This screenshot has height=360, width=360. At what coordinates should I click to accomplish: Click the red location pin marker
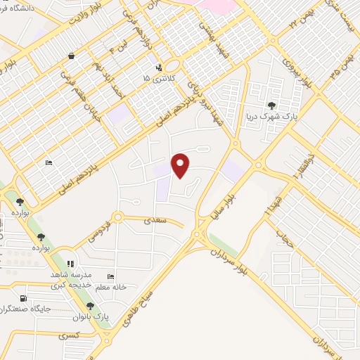click(x=181, y=165)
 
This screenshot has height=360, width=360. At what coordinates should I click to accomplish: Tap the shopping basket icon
click(x=71, y=56)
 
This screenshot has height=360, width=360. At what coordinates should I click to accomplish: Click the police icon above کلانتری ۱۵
click(x=159, y=67)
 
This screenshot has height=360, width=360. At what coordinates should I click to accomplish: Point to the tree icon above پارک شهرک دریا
click(x=271, y=105)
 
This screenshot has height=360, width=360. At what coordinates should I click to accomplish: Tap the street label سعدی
click(x=157, y=220)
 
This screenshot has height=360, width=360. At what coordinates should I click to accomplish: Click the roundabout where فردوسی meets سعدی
click(x=118, y=217)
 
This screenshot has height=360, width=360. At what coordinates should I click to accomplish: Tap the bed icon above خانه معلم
click(x=110, y=276)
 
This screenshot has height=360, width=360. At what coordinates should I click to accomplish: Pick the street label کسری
click(x=69, y=335)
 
